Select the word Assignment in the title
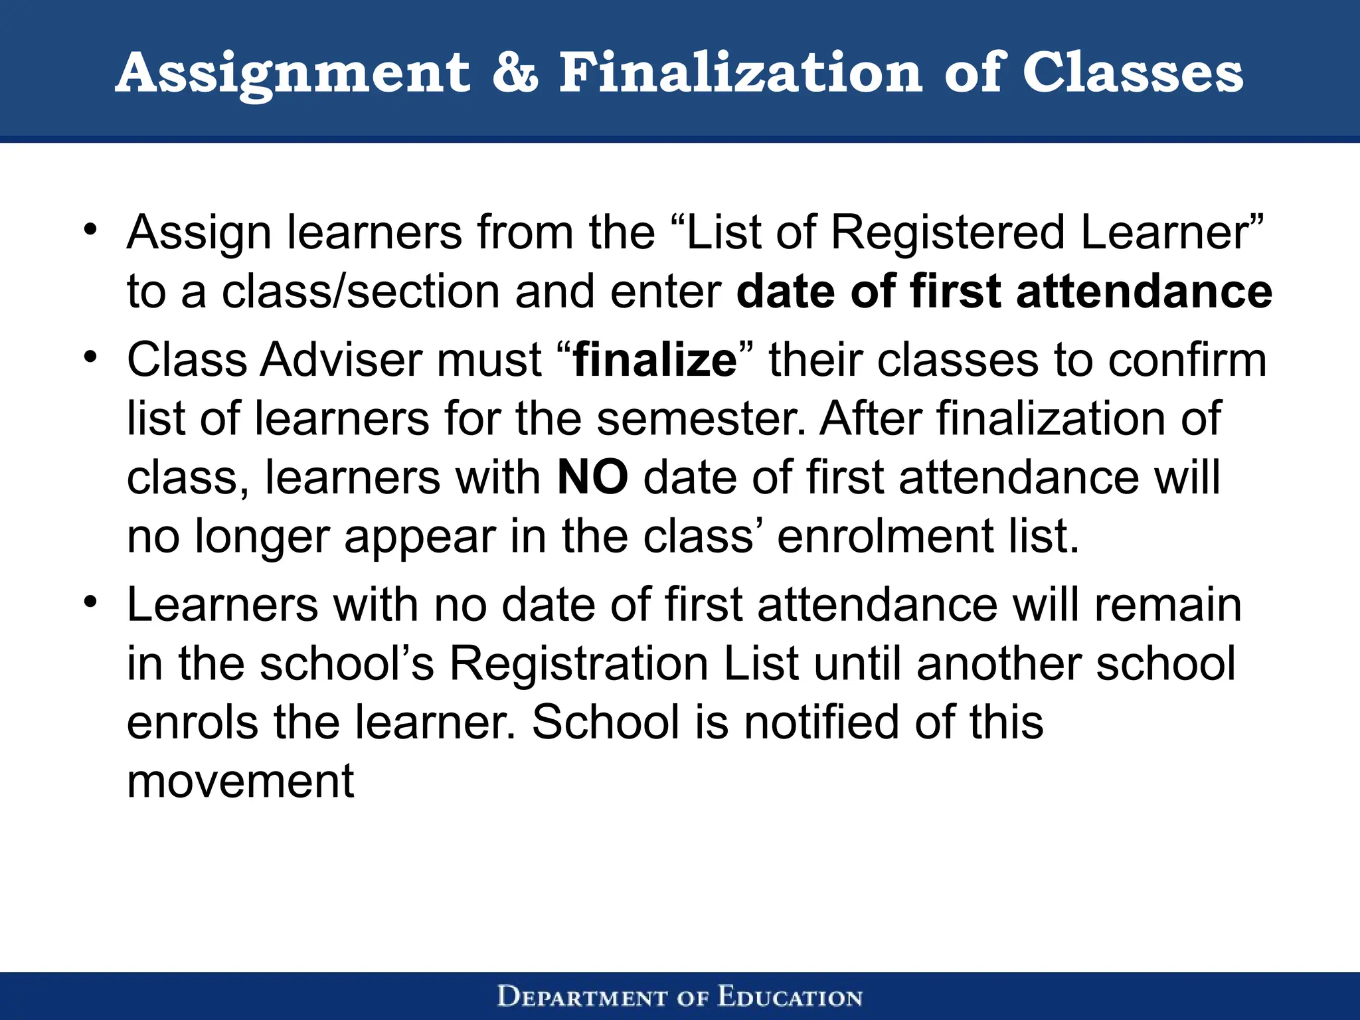pos(293,74)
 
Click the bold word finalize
pos(655,361)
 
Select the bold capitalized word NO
pos(592,477)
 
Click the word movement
pos(240,781)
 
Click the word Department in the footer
pos(582,997)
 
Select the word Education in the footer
pos(790,997)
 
